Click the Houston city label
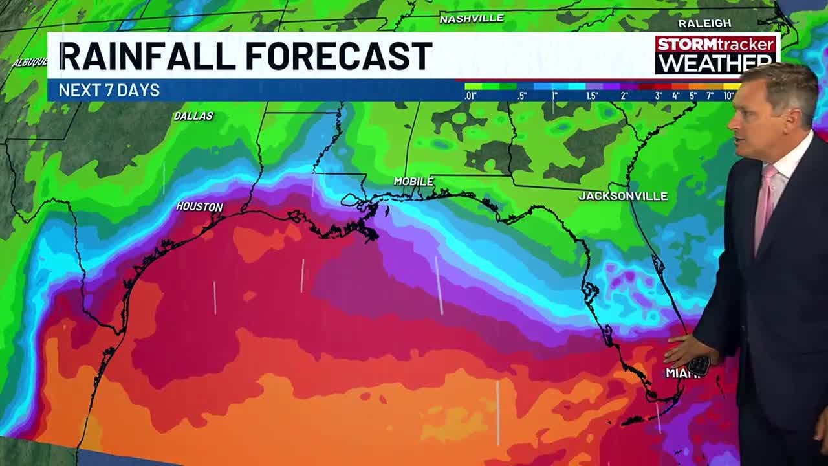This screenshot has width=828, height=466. pos(199,206)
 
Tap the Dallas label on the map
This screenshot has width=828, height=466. pos(193,116)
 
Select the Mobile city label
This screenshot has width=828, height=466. pos(413,182)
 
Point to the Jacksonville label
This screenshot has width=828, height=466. pos(622,195)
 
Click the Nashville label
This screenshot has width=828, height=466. pos(471,19)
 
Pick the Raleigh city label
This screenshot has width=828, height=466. pos(704,23)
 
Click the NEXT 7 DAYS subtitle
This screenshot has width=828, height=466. pos(109,91)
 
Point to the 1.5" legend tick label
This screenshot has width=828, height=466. pos(591,96)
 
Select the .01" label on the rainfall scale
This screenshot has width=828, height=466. pos(471,96)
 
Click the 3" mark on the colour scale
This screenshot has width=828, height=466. pos(659,96)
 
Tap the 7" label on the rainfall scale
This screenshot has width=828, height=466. pos(710,96)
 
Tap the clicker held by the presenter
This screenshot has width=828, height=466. pos(699,365)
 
